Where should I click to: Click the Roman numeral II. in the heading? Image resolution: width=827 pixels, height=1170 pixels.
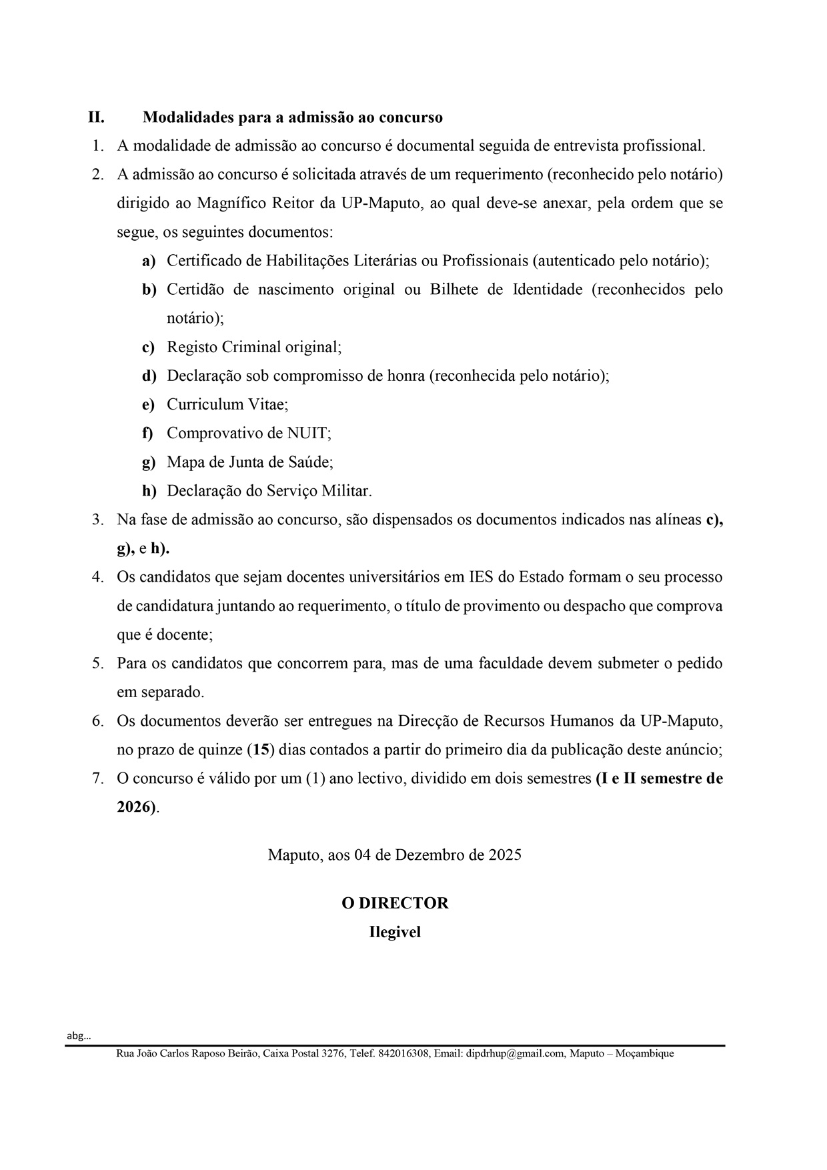click(x=96, y=118)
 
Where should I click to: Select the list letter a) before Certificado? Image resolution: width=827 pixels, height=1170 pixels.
click(x=149, y=261)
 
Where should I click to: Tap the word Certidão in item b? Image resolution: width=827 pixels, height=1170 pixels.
click(x=195, y=290)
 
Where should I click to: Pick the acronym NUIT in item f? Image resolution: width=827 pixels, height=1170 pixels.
click(x=307, y=434)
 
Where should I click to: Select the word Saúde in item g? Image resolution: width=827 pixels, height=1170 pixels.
click(x=309, y=462)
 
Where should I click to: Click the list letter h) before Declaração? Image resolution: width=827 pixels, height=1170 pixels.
click(x=149, y=492)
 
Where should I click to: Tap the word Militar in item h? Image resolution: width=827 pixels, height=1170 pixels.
click(x=347, y=492)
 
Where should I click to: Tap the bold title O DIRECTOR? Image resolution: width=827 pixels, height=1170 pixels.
click(x=395, y=904)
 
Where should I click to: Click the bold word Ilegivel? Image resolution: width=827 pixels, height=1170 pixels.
click(x=395, y=933)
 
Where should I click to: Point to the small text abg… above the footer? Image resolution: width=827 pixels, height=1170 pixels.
click(x=79, y=1036)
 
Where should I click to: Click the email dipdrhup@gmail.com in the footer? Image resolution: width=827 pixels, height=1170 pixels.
click(x=511, y=1054)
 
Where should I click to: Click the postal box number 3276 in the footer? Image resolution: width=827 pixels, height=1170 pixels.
click(x=332, y=1054)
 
